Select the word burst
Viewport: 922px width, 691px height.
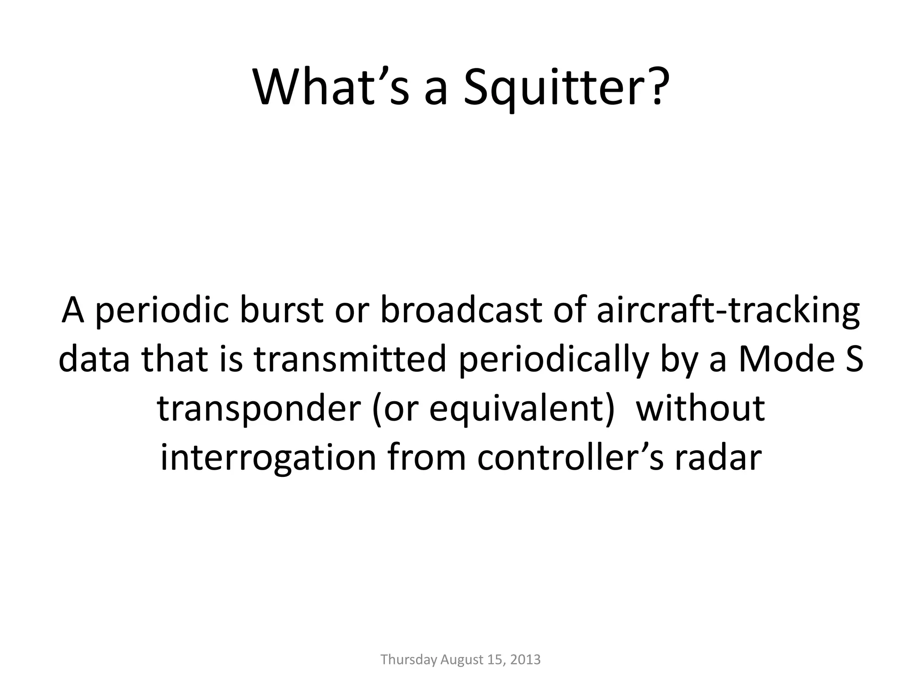[x=281, y=311]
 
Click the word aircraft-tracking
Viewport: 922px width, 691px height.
[x=728, y=311]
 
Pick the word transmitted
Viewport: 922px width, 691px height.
[x=350, y=359]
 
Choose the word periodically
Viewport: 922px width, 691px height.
[x=554, y=359]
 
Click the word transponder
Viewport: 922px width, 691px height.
[x=258, y=408]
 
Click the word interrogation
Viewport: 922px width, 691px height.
[x=268, y=458]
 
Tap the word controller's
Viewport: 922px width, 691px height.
[x=570, y=458]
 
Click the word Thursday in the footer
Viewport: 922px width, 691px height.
[x=408, y=660]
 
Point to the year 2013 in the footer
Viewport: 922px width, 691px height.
[x=526, y=660]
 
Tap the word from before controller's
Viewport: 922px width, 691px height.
[x=426, y=458]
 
